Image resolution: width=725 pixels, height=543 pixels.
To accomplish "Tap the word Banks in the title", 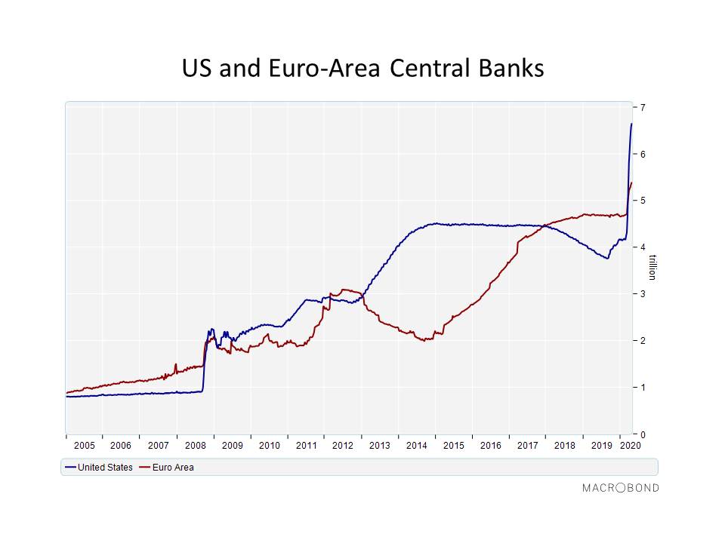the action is click(511, 69).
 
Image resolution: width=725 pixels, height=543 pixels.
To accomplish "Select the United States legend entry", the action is click(99, 468).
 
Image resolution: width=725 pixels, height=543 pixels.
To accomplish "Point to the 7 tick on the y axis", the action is click(643, 108).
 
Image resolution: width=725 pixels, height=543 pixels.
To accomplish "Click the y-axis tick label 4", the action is click(643, 247).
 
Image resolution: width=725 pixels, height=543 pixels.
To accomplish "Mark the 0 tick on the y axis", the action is click(643, 434).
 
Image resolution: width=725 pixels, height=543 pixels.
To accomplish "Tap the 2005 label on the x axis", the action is click(84, 446).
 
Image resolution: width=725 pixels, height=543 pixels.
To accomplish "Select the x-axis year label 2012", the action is click(343, 446).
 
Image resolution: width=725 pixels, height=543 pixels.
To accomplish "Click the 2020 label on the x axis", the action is click(630, 446).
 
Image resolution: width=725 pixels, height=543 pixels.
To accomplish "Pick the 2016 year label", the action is click(491, 446).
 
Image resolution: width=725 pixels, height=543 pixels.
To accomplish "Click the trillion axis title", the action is click(652, 267).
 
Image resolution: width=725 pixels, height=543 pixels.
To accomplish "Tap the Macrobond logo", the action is click(621, 488).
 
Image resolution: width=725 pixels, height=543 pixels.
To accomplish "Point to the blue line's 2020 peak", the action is click(631, 124).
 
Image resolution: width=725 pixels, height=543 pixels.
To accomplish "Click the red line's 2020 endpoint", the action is click(631, 183).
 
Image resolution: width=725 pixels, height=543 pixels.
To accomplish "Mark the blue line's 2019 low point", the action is click(607, 258).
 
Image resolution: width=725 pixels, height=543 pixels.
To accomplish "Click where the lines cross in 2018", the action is click(545, 225).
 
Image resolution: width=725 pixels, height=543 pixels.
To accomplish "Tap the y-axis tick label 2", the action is click(643, 341).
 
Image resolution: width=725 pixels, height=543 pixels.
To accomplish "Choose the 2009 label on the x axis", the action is click(232, 446).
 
